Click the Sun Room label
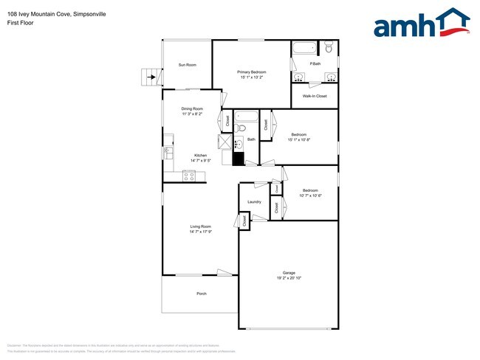point(188,65)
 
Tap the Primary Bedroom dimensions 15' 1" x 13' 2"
point(251,77)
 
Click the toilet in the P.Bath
point(329,49)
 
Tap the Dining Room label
point(192,109)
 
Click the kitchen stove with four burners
point(189,176)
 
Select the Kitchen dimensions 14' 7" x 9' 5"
point(201,160)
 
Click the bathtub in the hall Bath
point(245,117)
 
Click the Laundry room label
point(255,201)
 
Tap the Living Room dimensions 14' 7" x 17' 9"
point(201,232)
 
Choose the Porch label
point(201,294)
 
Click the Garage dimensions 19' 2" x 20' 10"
point(289,277)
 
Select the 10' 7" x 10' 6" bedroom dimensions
point(310,195)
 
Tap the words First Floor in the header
point(21,23)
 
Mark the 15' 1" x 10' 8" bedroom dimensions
point(299,140)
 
